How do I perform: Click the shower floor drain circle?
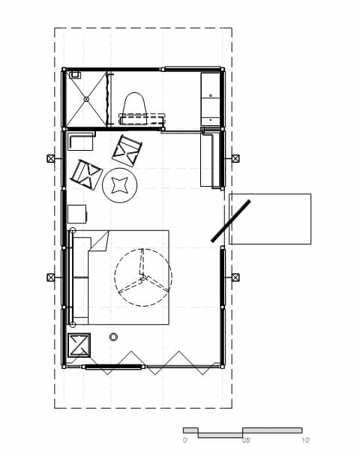(x=86, y=99)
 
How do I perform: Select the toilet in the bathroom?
(x=134, y=107)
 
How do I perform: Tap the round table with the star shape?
(x=120, y=185)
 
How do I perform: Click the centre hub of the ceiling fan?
(x=142, y=278)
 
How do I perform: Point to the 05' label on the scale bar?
(x=246, y=440)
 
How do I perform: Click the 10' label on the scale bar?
(x=305, y=440)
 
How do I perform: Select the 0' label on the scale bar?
(x=185, y=440)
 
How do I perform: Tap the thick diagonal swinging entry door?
(x=230, y=220)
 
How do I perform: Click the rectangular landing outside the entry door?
(x=270, y=219)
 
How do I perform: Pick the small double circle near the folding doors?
(x=113, y=337)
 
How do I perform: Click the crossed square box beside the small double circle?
(x=79, y=345)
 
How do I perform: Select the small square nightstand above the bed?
(x=77, y=214)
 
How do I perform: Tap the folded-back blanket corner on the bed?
(x=100, y=241)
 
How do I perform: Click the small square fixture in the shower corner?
(x=75, y=75)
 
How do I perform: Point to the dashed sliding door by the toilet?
(x=141, y=119)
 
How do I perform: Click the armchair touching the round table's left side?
(x=86, y=175)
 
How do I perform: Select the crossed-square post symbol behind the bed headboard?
(x=51, y=277)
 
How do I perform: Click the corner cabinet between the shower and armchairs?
(x=80, y=141)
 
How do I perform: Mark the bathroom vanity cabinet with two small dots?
(x=210, y=99)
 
